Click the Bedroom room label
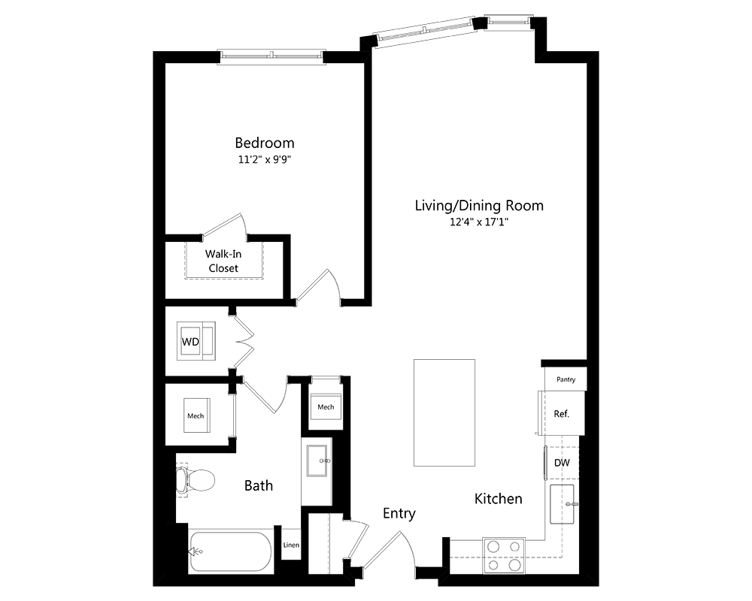tap(264, 143)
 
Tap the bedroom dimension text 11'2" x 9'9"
tap(264, 159)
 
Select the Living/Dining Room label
tap(479, 205)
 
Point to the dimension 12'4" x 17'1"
tap(479, 222)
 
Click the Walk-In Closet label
tap(223, 261)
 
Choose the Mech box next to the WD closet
tap(196, 415)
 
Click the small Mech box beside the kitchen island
tap(326, 407)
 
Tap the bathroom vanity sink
tap(317, 459)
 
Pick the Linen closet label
tap(291, 545)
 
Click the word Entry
tap(399, 513)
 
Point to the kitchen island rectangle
tap(444, 412)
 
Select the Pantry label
tap(566, 379)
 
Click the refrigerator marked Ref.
tap(561, 413)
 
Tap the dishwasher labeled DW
tap(562, 463)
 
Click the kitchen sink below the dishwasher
tap(564, 504)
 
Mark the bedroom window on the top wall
tap(271, 56)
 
